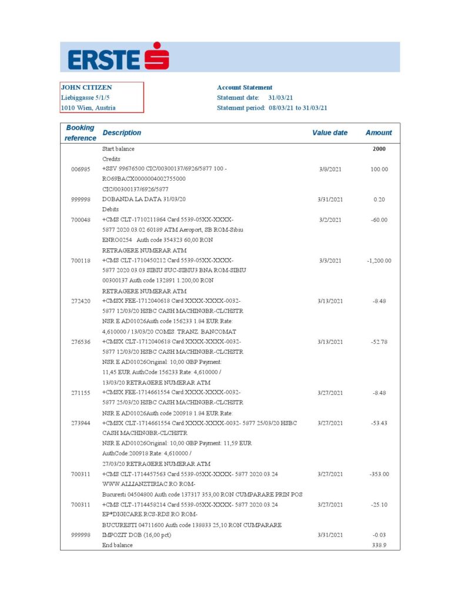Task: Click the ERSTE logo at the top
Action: point(118,57)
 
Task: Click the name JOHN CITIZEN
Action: point(86,87)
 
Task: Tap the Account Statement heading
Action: point(245,87)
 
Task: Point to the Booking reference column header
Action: point(80,133)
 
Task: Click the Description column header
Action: point(122,133)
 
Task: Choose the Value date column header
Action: point(330,133)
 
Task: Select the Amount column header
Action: point(379,133)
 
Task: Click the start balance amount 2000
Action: point(379,149)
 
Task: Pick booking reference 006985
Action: point(80,169)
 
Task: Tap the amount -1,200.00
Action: point(379,261)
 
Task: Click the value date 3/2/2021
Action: point(330,220)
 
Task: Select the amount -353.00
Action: point(379,474)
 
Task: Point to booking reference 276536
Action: point(80,342)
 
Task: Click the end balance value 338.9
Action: point(379,545)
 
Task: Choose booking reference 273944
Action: point(80,423)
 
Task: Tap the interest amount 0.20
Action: point(379,200)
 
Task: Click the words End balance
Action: point(118,545)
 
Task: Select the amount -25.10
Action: point(379,505)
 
